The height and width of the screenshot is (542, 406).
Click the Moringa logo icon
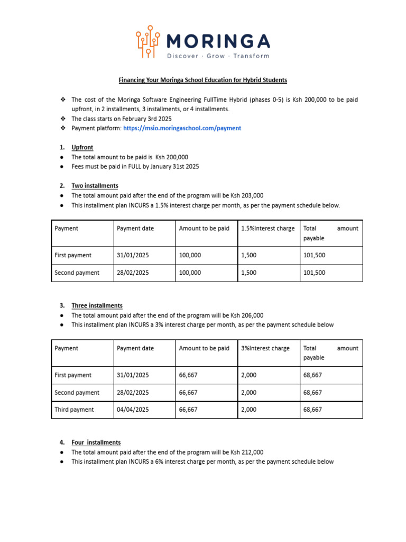click(x=149, y=41)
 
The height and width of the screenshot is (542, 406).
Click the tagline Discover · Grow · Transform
click(x=218, y=56)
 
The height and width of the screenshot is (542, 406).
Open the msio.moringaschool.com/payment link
click(x=182, y=128)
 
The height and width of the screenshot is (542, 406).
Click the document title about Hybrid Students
click(x=202, y=80)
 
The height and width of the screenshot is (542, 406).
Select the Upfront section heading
click(x=82, y=147)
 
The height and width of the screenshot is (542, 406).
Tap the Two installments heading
click(x=95, y=186)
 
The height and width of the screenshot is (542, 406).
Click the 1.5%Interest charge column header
click(x=267, y=229)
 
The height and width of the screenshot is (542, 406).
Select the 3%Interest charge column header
click(x=265, y=348)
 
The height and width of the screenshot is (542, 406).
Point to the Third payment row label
click(x=74, y=410)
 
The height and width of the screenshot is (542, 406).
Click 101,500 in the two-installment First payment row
click(x=314, y=255)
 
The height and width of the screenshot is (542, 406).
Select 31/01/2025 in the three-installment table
click(x=133, y=375)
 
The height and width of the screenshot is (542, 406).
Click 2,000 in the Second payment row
click(x=248, y=393)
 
